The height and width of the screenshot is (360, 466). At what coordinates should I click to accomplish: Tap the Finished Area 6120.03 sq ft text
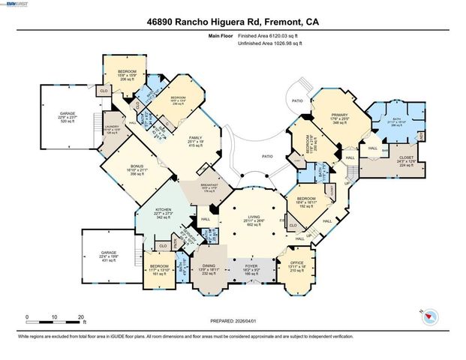point(269,35)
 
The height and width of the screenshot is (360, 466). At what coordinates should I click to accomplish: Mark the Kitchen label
point(163,212)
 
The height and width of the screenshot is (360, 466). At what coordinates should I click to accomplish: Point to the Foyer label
point(252,267)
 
